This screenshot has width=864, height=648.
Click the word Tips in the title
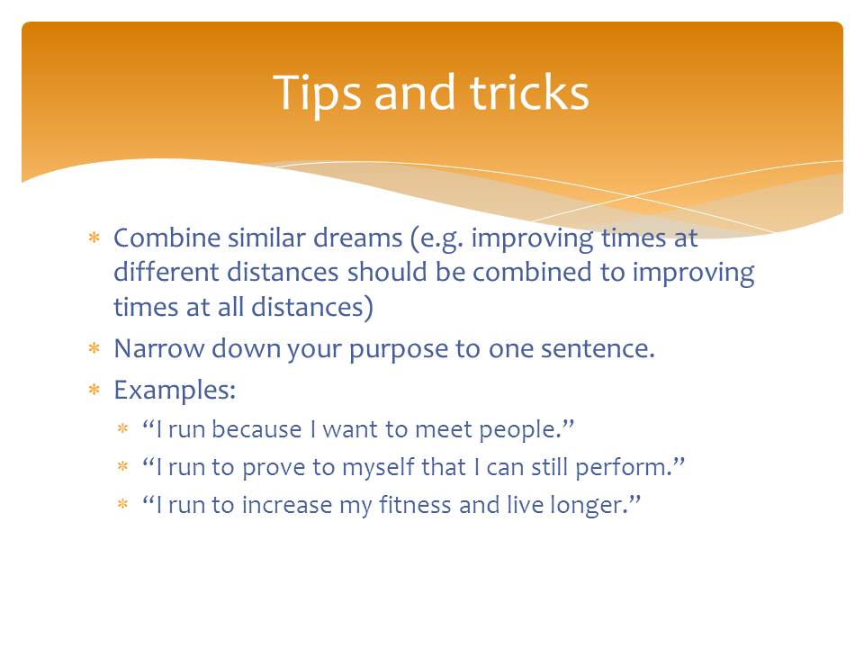pos(317,93)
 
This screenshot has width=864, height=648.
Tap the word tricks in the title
pos(529,92)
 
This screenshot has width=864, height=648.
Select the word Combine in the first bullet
pos(167,238)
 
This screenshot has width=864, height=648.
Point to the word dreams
pos(358,238)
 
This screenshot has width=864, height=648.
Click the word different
pos(166,272)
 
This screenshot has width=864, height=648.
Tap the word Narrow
pos(158,349)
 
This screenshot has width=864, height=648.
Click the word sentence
pos(598,349)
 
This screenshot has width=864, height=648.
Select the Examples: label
pos(175,391)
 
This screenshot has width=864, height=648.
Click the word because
pos(256,429)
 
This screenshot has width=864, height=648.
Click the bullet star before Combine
pos(94,238)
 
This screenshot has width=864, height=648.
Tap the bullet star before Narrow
pos(94,348)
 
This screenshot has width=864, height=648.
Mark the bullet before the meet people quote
pos(122,428)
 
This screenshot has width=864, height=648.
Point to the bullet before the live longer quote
pos(122,504)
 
